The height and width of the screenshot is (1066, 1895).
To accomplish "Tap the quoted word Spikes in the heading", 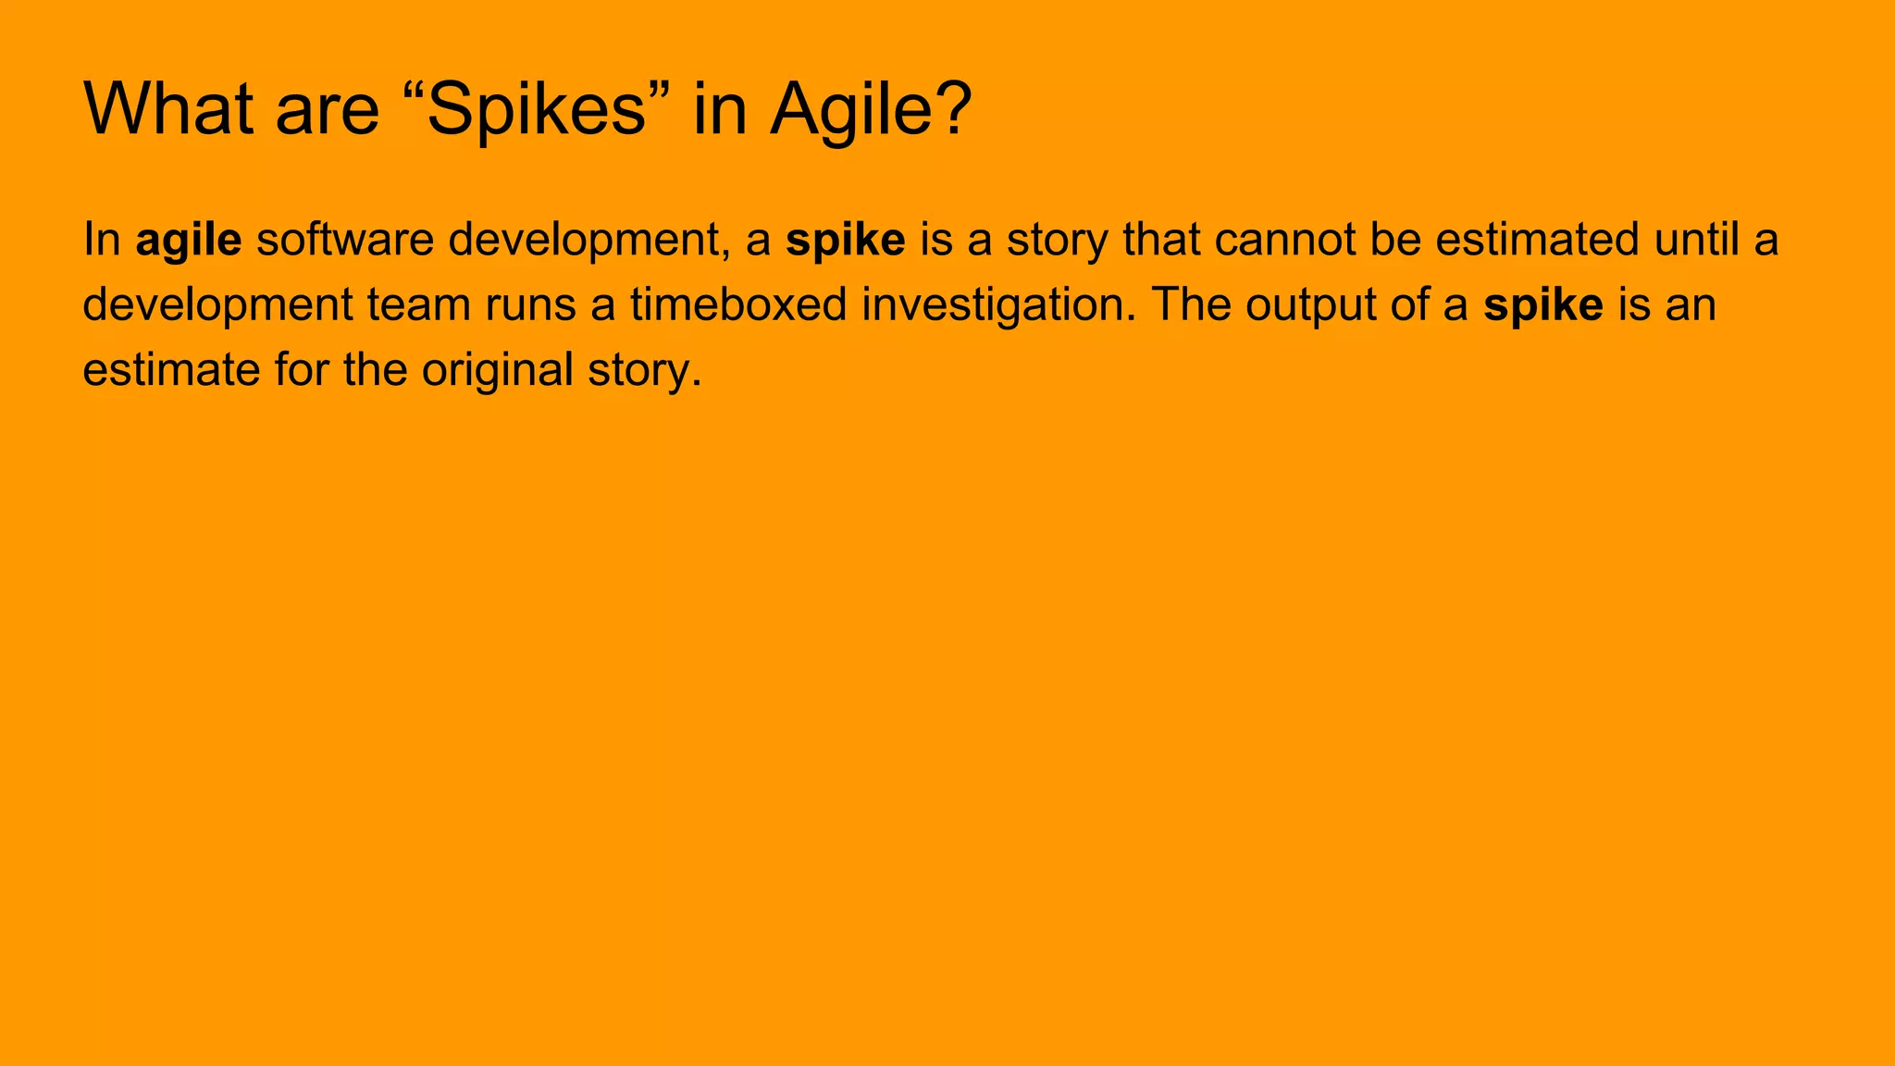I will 536,109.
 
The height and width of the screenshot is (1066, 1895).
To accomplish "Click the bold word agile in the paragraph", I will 189,241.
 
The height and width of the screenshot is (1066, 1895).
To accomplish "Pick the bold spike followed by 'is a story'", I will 845,241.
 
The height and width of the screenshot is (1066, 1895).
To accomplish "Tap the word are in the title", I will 328,109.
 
